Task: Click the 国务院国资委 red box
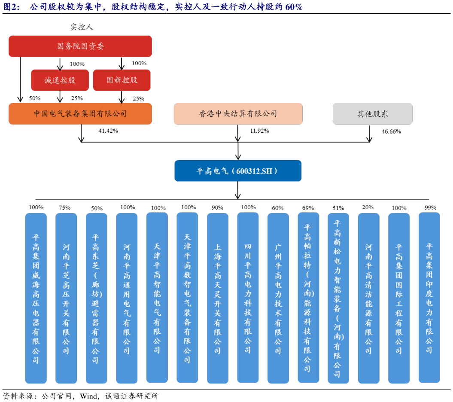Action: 80,46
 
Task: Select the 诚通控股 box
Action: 60,80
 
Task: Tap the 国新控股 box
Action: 122,80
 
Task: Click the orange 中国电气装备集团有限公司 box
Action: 80,114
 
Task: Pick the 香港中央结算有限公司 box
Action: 238,114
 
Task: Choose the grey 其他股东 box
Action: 372,114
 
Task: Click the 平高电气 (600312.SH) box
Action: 238,171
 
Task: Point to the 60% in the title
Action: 294,7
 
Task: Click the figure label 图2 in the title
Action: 11,7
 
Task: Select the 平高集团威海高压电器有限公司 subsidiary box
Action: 36,298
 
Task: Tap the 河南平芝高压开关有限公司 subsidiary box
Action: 66,298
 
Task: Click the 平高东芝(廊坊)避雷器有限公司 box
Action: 96,298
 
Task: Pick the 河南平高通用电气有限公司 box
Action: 127,298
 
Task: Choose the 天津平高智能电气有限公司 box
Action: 157,298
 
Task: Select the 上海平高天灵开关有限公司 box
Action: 218,298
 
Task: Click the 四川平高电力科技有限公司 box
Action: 248,298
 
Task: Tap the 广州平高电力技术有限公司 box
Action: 278,298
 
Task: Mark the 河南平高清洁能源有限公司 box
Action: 368,298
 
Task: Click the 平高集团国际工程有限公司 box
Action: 399,298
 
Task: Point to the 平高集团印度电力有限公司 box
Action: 429,298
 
